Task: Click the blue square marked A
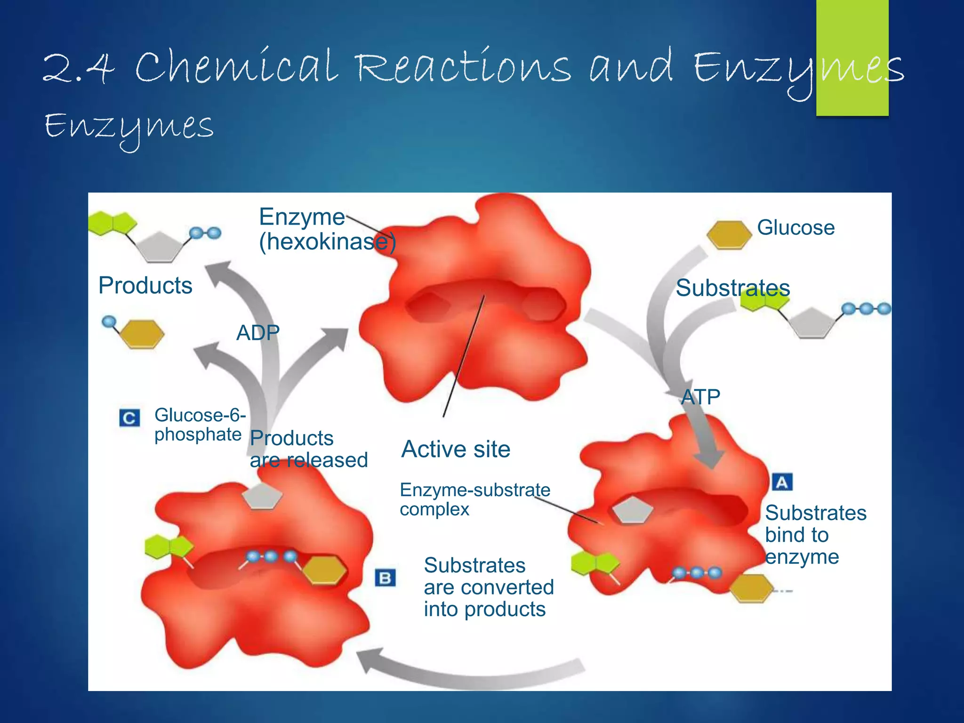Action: click(x=782, y=482)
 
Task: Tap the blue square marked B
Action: click(x=385, y=578)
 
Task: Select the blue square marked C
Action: click(x=129, y=418)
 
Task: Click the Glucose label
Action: click(x=795, y=228)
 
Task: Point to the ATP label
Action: click(x=700, y=397)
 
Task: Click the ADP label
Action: click(x=258, y=333)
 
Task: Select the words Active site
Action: click(x=456, y=449)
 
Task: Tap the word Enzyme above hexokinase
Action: click(x=302, y=217)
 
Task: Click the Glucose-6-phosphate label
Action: click(x=200, y=425)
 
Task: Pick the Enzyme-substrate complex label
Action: click(x=474, y=499)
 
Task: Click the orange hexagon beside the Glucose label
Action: click(x=729, y=234)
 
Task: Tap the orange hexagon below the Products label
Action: click(x=142, y=334)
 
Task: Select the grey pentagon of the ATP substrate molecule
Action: click(x=812, y=322)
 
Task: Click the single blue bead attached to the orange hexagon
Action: click(x=109, y=321)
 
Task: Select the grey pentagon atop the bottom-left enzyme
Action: click(x=262, y=496)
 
